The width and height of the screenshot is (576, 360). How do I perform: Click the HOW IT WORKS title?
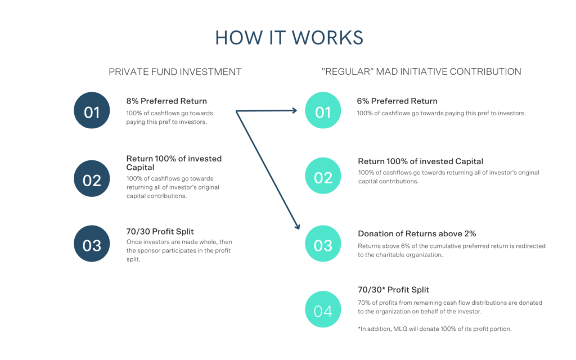[289, 38]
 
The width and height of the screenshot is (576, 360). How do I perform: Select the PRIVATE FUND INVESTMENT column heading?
[175, 71]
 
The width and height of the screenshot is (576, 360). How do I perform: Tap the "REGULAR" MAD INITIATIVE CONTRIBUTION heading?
[421, 71]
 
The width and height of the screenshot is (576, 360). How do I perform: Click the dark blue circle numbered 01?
[92, 110]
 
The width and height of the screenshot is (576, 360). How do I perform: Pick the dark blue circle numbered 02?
[92, 178]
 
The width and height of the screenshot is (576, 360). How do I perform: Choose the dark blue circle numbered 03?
[92, 244]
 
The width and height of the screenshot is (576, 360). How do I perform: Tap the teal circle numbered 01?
[323, 110]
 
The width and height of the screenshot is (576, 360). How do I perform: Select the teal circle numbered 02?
[323, 175]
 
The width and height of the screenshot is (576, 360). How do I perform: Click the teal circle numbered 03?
[323, 244]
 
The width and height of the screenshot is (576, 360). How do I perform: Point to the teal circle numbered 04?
[323, 309]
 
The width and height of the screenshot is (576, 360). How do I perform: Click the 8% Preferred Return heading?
[166, 101]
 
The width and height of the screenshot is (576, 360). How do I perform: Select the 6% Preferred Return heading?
[397, 101]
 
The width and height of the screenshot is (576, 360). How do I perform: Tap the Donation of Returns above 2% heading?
[417, 233]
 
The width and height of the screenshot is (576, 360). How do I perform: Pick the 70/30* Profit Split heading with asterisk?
[393, 290]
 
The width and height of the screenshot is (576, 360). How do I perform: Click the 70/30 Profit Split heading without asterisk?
[160, 231]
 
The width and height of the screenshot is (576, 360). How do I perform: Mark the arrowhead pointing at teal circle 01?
[294, 110]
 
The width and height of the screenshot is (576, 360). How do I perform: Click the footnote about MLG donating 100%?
[435, 328]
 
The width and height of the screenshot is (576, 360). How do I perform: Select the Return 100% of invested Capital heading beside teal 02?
[421, 161]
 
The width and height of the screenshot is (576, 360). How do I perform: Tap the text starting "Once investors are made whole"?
[179, 250]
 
